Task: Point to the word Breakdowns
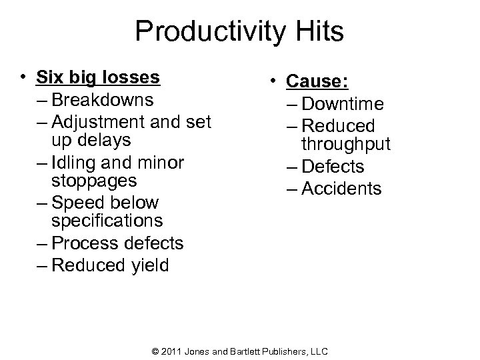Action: click(103, 101)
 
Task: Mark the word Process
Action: click(83, 243)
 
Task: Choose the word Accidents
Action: click(341, 189)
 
